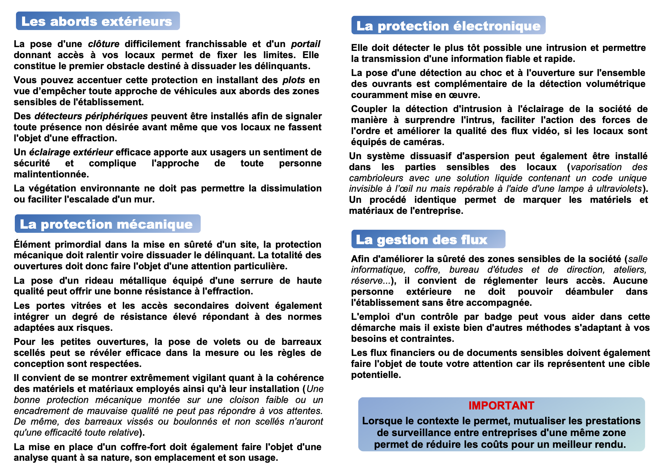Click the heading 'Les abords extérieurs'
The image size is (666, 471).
97,21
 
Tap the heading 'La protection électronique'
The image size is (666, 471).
448,26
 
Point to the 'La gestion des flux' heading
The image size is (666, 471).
422,240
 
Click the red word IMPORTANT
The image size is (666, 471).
501,406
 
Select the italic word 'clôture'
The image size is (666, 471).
104,44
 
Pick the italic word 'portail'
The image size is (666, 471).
305,44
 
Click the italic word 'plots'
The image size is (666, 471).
294,80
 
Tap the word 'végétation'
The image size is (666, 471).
51,188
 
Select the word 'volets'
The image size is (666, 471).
227,342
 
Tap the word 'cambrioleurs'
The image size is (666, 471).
376,178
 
